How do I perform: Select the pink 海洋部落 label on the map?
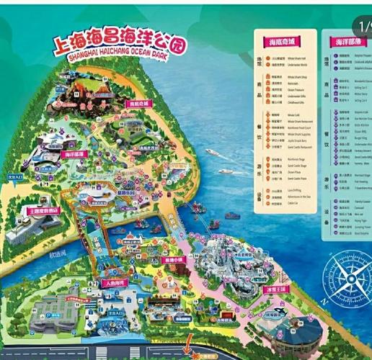point(74,154)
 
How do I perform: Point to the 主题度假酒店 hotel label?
point(43,211)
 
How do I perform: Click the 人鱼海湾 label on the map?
point(114,283)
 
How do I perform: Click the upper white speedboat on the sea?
point(213,152)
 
